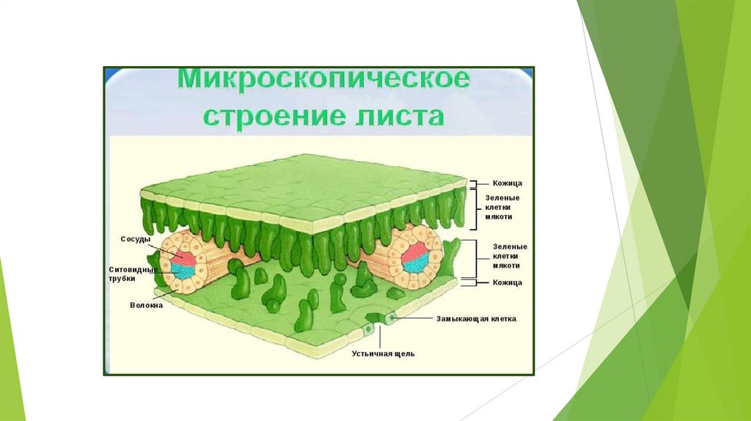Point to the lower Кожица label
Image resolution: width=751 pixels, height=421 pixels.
pos(507,282)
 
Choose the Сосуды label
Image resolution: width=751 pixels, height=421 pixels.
pos(136,239)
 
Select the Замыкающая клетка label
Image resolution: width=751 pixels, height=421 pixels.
pos(476,319)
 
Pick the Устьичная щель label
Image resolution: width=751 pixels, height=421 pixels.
pos(383,354)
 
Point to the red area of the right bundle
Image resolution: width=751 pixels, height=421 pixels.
pos(416,251)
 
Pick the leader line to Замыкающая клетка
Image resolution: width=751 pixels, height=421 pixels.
pos(414,319)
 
